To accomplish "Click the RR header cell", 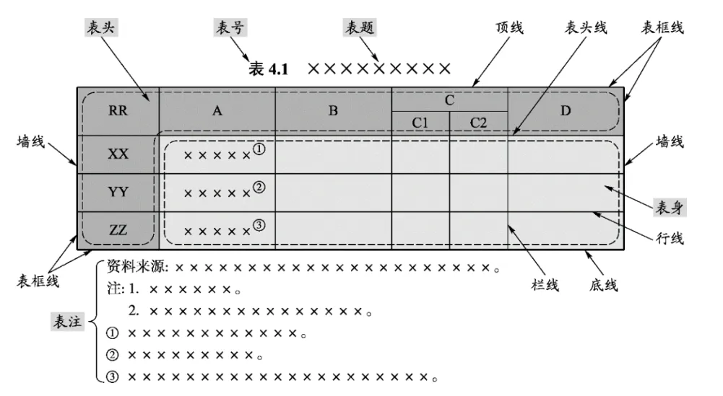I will pyautogui.click(x=118, y=111).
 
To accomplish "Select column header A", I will pyautogui.click(x=216, y=111).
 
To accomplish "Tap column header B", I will pyautogui.click(x=333, y=111).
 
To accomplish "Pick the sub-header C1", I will pyautogui.click(x=421, y=123).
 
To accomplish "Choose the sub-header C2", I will pyautogui.click(x=478, y=123).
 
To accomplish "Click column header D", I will pyautogui.click(x=566, y=111).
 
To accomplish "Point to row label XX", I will pyautogui.click(x=118, y=154).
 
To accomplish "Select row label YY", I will pyautogui.click(x=118, y=192).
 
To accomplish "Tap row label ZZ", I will pyautogui.click(x=118, y=231).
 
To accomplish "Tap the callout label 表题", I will pyautogui.click(x=360, y=27).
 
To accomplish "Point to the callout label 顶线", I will pyautogui.click(x=509, y=27).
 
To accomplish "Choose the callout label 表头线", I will pyautogui.click(x=585, y=27).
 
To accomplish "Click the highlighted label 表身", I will pyautogui.click(x=669, y=208).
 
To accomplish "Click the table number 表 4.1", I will pyautogui.click(x=268, y=69).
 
